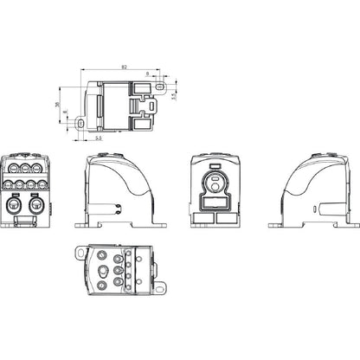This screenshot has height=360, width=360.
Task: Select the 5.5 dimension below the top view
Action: (x=100, y=137)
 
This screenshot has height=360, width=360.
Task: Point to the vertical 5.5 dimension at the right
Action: (x=173, y=95)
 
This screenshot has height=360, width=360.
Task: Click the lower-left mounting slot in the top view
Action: (x=82, y=123)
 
